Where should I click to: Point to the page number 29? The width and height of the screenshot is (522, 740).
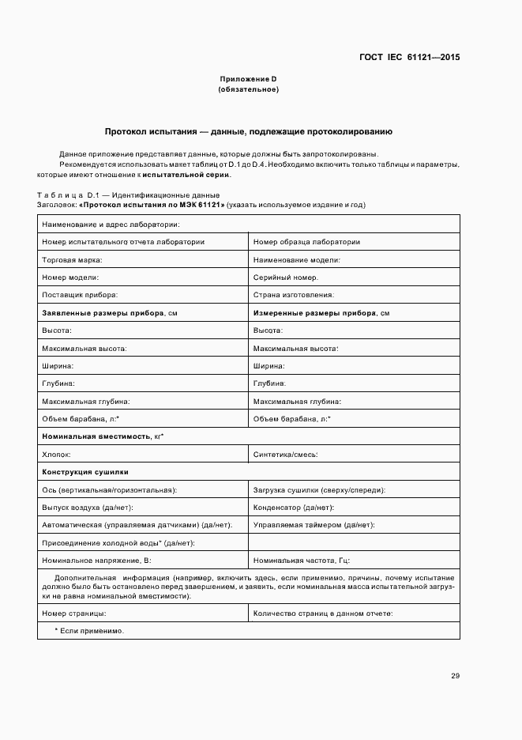click(x=455, y=676)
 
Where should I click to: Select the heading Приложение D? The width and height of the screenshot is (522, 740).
click(x=248, y=79)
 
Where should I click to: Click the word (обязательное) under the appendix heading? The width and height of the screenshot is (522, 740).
click(x=248, y=89)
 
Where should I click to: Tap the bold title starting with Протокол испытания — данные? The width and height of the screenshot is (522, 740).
click(x=249, y=131)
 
